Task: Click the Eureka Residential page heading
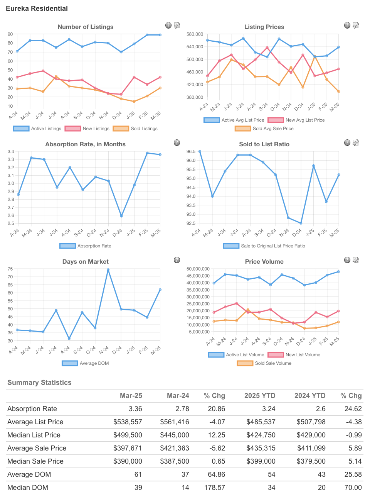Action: [37, 8]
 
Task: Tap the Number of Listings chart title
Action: [86, 27]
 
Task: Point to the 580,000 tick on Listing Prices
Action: [195, 34]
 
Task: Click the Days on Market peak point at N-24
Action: [108, 270]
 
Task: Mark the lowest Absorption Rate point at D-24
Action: [121, 216]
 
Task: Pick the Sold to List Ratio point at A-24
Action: [200, 152]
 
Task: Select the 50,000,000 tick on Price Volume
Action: [198, 269]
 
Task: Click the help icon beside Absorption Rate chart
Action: [177, 143]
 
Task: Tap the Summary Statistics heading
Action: [39, 383]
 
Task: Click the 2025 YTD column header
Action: [260, 396]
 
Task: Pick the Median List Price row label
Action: [34, 435]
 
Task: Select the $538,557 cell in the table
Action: [128, 422]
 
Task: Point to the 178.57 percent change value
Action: [215, 488]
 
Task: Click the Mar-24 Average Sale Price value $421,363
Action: [175, 448]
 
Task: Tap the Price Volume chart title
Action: [264, 262]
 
